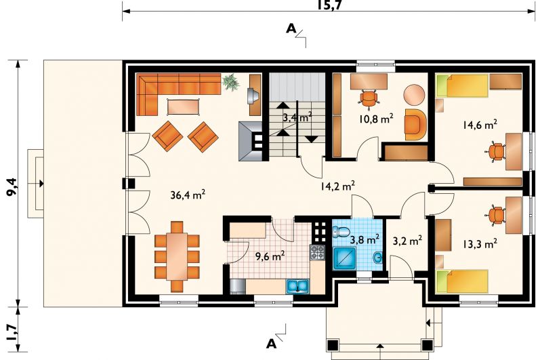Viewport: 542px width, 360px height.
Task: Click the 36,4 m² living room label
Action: click(188, 195)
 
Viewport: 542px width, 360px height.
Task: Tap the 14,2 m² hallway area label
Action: click(337, 186)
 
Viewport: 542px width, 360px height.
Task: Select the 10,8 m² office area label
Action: click(376, 119)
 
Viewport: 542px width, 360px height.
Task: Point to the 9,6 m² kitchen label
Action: click(270, 256)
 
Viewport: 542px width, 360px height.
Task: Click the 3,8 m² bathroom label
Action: click(364, 239)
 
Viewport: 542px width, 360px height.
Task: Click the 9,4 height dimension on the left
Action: click(13, 186)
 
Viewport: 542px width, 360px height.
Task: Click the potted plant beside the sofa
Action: click(231, 82)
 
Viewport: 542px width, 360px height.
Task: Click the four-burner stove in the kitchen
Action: click(317, 252)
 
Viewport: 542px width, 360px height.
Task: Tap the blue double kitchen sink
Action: click(297, 287)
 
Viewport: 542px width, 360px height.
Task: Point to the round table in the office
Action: click(414, 95)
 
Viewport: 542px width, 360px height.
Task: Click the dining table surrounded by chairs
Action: click(177, 256)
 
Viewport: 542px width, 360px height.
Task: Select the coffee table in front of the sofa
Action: click(183, 106)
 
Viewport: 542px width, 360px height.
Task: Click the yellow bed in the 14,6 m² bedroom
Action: click(461, 86)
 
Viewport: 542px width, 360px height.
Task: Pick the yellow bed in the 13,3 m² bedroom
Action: click(461, 281)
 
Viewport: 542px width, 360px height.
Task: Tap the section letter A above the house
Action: click(291, 29)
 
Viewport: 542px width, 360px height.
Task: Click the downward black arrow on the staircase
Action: click(312, 139)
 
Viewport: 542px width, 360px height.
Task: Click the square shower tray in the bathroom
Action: click(345, 258)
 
